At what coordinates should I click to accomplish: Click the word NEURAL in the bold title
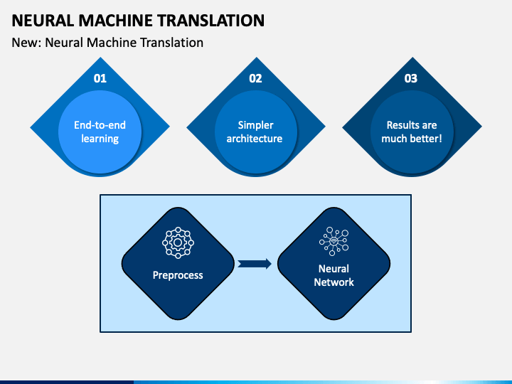click(43, 21)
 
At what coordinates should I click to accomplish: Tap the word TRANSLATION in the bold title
click(211, 21)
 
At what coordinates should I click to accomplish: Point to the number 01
click(100, 78)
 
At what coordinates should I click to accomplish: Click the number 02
click(255, 78)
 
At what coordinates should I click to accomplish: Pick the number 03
click(411, 78)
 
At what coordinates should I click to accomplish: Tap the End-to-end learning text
click(100, 132)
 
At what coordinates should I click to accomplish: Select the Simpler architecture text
click(255, 132)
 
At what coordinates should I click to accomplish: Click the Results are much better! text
click(412, 132)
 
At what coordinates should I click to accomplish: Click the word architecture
click(255, 139)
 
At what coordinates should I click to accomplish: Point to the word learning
click(100, 139)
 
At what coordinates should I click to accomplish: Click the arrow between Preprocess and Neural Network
click(255, 264)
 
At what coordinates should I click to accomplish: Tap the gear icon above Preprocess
click(178, 242)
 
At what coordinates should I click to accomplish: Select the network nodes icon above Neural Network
click(334, 241)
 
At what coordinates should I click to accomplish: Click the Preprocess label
click(178, 275)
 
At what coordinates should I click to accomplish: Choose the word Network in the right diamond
click(334, 282)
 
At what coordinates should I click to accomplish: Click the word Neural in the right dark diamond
click(334, 269)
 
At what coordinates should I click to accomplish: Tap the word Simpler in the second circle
click(256, 125)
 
